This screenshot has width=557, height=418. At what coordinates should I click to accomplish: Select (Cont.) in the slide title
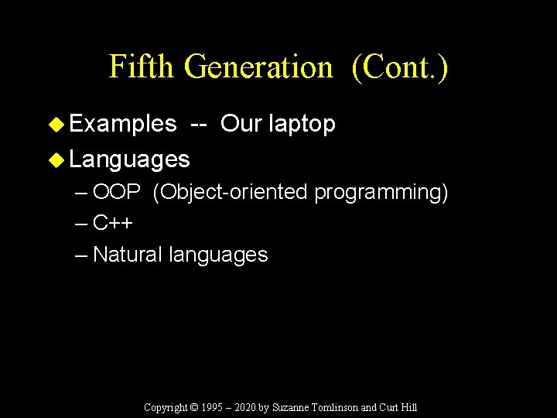(399, 67)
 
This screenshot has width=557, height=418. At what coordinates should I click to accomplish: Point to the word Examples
(123, 124)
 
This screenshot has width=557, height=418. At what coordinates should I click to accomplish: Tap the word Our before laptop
(240, 124)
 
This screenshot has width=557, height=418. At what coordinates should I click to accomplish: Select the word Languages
(129, 160)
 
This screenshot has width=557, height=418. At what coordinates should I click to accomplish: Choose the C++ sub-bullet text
(113, 224)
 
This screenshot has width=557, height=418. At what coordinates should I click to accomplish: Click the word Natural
(128, 255)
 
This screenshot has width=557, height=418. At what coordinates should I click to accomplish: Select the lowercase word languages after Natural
(218, 255)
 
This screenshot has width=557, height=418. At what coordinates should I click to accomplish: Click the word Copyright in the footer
(166, 407)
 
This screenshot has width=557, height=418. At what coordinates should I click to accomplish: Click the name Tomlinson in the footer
(333, 407)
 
